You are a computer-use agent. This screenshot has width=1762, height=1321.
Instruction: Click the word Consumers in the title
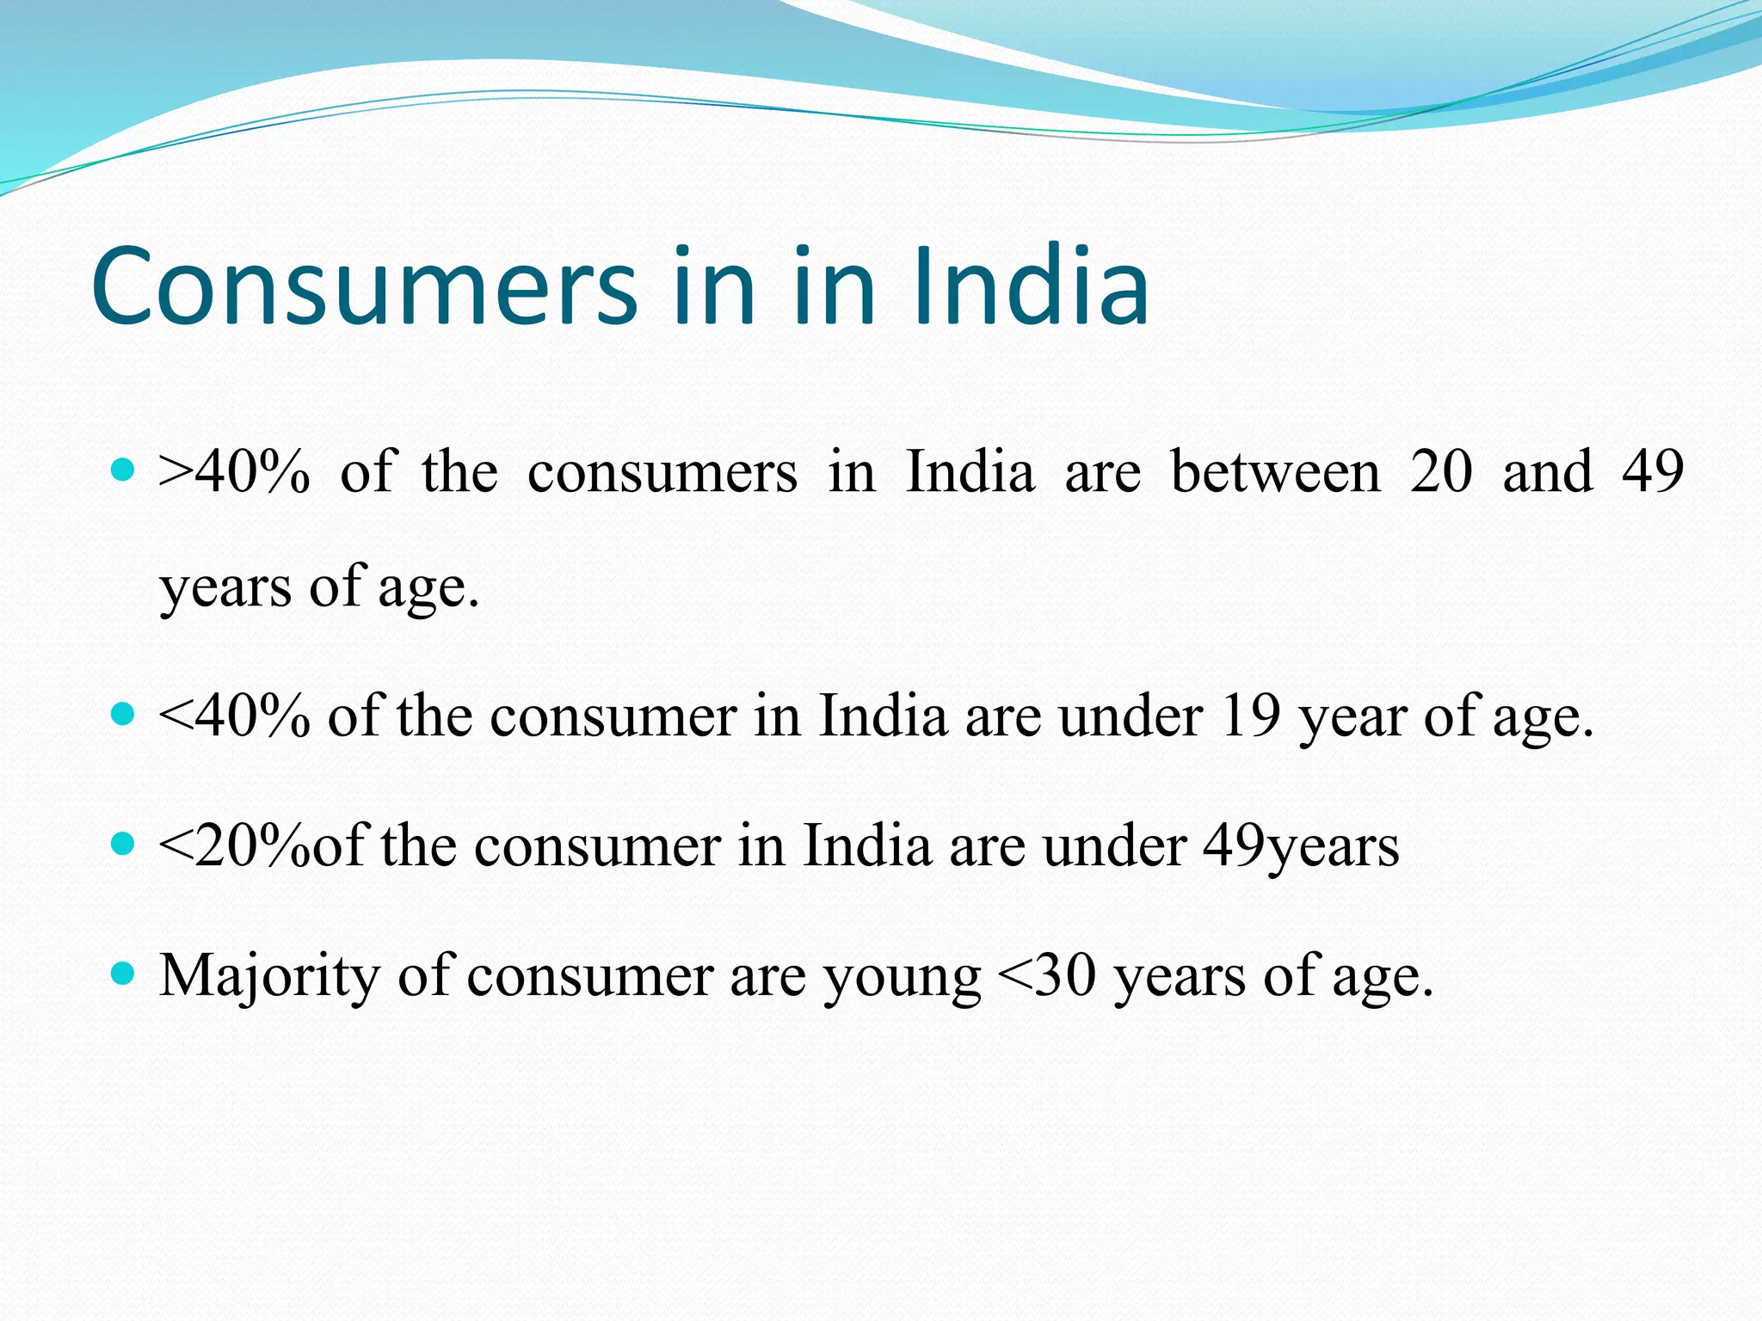pos(363,286)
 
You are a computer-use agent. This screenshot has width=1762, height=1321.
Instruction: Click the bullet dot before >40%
pos(124,470)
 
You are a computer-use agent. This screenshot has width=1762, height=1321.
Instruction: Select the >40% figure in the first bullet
pos(234,472)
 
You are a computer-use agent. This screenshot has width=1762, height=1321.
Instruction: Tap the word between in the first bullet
pos(1275,472)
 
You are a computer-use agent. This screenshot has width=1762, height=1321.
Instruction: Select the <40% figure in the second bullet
pos(234,716)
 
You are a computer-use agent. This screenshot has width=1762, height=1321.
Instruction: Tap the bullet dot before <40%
pos(124,714)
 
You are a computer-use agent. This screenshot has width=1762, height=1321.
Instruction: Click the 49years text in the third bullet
pos(1300,846)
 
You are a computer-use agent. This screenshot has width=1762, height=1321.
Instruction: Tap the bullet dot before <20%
pos(124,844)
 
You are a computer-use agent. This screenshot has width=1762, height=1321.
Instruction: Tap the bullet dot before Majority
pos(124,974)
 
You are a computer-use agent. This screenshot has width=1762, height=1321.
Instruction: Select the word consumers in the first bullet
pos(662,472)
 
